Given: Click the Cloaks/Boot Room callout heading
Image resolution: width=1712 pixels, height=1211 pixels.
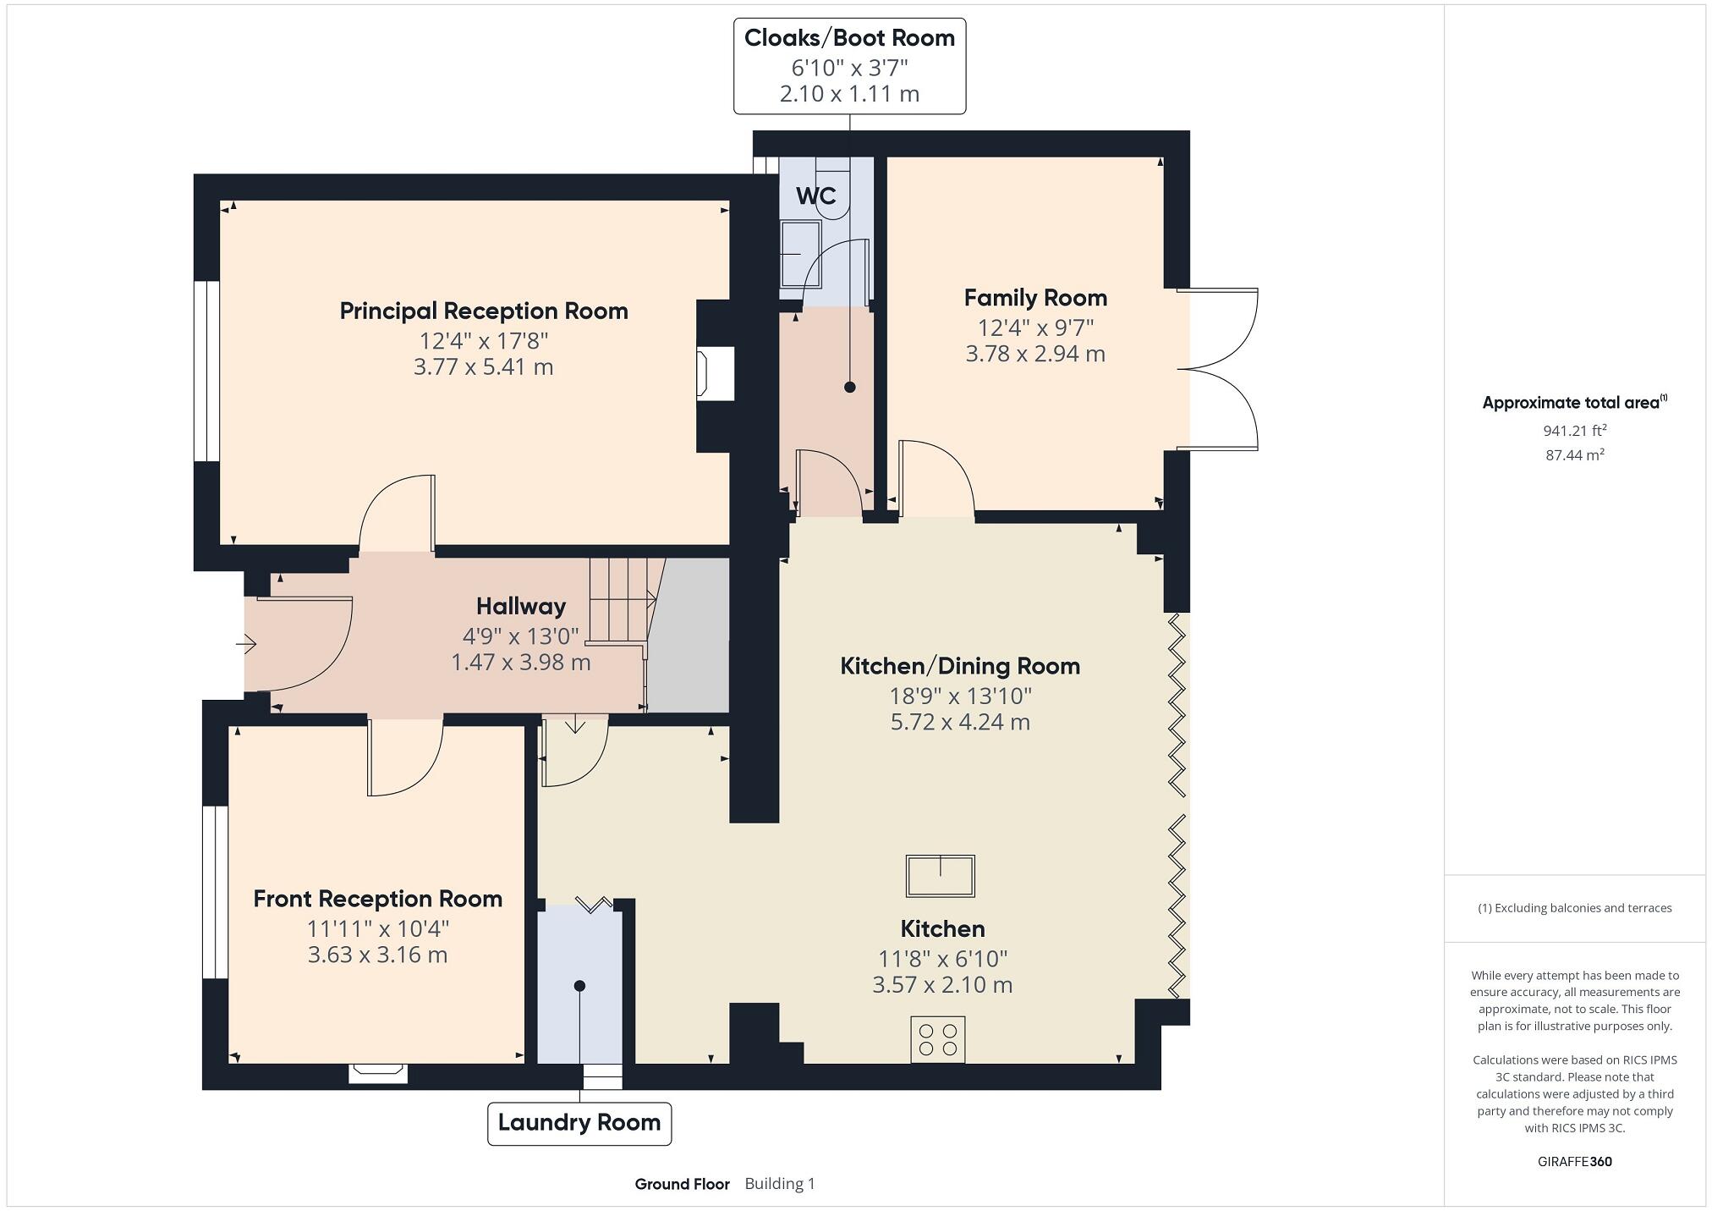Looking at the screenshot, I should pyautogui.click(x=849, y=38).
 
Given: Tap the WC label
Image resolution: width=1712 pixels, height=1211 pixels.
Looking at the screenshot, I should pyautogui.click(x=815, y=196).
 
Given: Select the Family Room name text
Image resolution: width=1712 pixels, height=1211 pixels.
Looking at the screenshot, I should pyautogui.click(x=1035, y=298).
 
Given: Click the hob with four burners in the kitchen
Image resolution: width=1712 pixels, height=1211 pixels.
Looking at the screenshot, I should pyautogui.click(x=938, y=1040).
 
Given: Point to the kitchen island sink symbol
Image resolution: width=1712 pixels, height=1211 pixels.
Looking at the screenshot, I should pyautogui.click(x=940, y=876).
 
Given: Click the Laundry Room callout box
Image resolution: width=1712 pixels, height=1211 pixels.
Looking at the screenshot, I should pyautogui.click(x=579, y=1124).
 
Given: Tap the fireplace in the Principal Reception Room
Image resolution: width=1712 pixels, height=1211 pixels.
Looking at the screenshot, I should pyautogui.click(x=714, y=375).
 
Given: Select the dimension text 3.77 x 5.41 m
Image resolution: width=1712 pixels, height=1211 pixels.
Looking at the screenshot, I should pyautogui.click(x=483, y=367).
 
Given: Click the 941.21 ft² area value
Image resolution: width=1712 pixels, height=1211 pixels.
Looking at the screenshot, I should pyautogui.click(x=1574, y=431).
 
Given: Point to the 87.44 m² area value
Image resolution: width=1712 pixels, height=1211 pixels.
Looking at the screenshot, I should pyautogui.click(x=1574, y=454).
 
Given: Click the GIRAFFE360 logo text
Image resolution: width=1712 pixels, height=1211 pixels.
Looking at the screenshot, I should pyautogui.click(x=1574, y=1162).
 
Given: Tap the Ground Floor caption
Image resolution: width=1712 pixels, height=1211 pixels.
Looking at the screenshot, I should pyautogui.click(x=682, y=1184).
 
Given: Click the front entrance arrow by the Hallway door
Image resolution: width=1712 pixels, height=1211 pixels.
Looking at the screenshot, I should pyautogui.click(x=246, y=645).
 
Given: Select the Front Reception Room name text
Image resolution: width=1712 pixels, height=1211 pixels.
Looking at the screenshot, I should pyautogui.click(x=377, y=899).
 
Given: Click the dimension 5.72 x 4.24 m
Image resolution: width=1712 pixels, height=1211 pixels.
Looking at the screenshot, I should pyautogui.click(x=960, y=722).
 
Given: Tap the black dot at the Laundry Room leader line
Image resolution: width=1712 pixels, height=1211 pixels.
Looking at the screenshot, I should pyautogui.click(x=579, y=986).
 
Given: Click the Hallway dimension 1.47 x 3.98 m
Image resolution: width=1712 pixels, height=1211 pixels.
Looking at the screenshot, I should pyautogui.click(x=520, y=663).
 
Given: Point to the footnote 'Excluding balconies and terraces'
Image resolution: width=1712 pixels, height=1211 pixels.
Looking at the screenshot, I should pyautogui.click(x=1574, y=908).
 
